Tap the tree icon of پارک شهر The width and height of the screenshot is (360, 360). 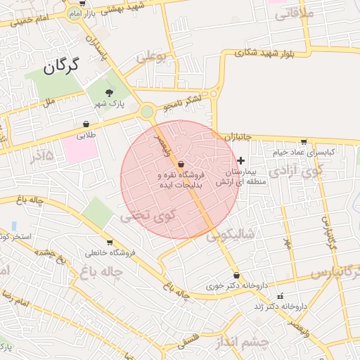(x=109, y=92)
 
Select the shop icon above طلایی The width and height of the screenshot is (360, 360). (x=86, y=124)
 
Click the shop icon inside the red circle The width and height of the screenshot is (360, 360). (x=182, y=163)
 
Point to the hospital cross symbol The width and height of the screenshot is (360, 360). (x=241, y=161)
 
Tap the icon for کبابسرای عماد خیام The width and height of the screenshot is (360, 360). (x=303, y=141)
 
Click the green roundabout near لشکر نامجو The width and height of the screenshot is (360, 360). (x=147, y=111)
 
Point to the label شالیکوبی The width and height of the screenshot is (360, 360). (x=230, y=234)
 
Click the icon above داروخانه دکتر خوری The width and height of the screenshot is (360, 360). (x=236, y=275)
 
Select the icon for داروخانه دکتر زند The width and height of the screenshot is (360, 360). (x=281, y=296)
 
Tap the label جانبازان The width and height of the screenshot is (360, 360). (x=238, y=136)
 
